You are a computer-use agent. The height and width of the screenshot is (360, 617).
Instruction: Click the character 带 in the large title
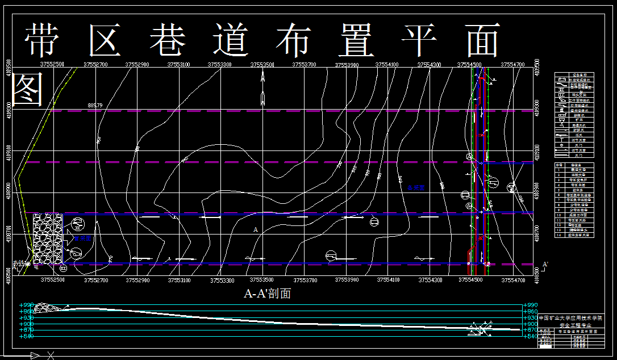click(44, 40)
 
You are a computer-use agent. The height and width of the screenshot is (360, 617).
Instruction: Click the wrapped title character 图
click(27, 89)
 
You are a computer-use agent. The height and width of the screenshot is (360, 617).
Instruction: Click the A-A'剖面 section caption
click(267, 294)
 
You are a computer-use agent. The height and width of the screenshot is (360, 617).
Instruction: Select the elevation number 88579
click(95, 106)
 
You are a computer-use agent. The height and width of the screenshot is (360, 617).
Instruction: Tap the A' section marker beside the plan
click(545, 265)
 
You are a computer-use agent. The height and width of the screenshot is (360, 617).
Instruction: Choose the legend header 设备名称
click(580, 74)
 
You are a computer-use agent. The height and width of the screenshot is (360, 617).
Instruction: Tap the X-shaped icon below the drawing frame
click(51, 355)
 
